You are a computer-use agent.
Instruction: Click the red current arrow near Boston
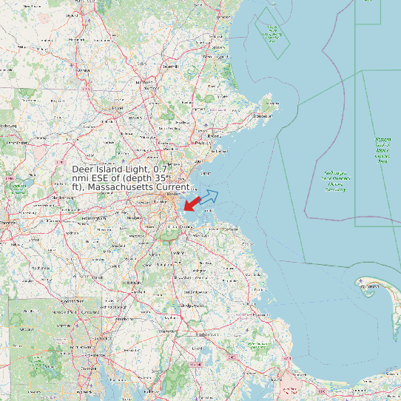191,203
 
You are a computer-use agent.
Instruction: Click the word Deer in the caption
84,169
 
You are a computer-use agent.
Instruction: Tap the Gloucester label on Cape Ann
262,116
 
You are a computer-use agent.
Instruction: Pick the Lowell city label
116,108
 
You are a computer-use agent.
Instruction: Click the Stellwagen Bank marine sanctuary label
335,180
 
